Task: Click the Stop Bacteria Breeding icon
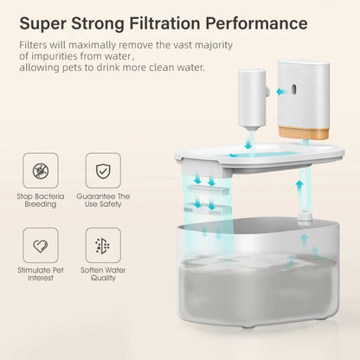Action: tap(41, 170)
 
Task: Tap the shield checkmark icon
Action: tap(104, 170)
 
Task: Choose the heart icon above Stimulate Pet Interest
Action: tap(41, 246)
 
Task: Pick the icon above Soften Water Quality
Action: tap(104, 246)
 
